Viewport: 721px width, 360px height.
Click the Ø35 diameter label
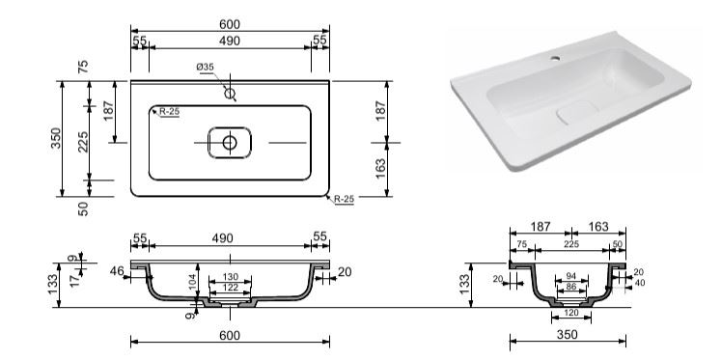point(205,68)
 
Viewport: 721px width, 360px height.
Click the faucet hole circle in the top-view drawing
point(230,94)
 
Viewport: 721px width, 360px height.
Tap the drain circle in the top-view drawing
point(230,143)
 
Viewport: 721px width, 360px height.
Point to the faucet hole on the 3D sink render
point(555,58)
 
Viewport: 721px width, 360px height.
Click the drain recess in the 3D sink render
point(577,112)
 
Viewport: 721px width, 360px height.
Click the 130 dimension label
point(231,277)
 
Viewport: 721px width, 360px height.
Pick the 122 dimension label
point(231,288)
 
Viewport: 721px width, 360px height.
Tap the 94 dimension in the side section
point(571,276)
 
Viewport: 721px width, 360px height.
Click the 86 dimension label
point(571,286)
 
